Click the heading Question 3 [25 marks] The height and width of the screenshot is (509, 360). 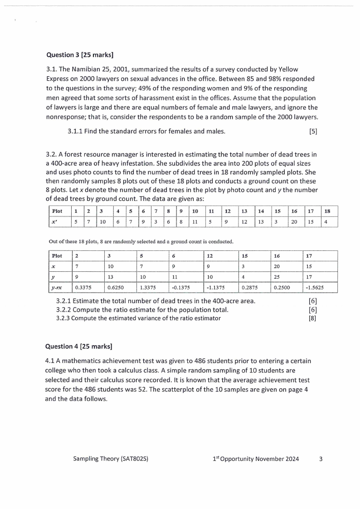click(80, 55)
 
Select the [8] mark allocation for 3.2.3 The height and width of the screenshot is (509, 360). click(312, 318)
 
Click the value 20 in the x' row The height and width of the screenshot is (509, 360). click(294, 222)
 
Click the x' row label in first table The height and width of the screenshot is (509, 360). click(57, 222)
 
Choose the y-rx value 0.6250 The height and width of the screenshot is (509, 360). click(115, 287)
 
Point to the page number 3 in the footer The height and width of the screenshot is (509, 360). click(321, 459)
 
